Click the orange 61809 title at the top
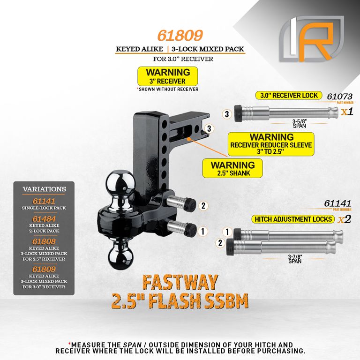click(x=180, y=36)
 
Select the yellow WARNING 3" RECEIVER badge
click(x=168, y=76)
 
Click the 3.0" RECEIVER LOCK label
click(x=289, y=95)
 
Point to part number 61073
click(x=339, y=97)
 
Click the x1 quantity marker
click(x=347, y=112)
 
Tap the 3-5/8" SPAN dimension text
click(x=300, y=124)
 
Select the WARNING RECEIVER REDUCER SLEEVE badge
click(x=271, y=144)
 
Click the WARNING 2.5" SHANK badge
click(x=232, y=168)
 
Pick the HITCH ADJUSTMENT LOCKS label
click(x=293, y=219)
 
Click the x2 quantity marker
click(x=345, y=219)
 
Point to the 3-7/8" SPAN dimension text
click(x=295, y=259)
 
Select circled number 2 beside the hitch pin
click(x=203, y=205)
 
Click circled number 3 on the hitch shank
click(x=209, y=128)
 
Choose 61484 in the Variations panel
click(x=44, y=219)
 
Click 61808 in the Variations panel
click(x=44, y=241)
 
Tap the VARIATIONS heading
click(x=45, y=189)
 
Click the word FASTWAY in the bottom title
click(x=180, y=282)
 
